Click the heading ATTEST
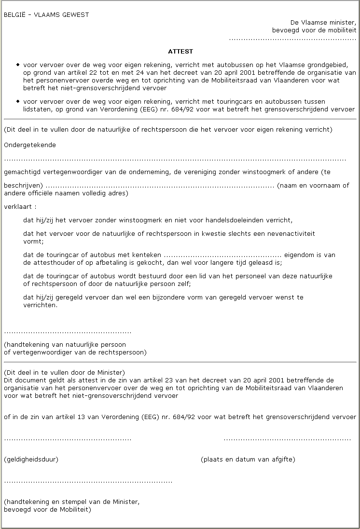point(180,51)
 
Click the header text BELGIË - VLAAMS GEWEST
point(46,15)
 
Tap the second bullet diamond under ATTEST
point(18,101)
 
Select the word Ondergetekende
point(30,145)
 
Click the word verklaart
point(20,206)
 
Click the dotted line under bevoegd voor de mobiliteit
point(292,38)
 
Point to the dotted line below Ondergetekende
point(175,159)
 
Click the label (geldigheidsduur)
point(31,459)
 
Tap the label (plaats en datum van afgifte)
point(248,459)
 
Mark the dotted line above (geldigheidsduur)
point(68,439)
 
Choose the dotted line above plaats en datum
point(287,439)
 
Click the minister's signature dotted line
point(88,481)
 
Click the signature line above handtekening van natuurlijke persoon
point(68,332)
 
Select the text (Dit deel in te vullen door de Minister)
point(64,372)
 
